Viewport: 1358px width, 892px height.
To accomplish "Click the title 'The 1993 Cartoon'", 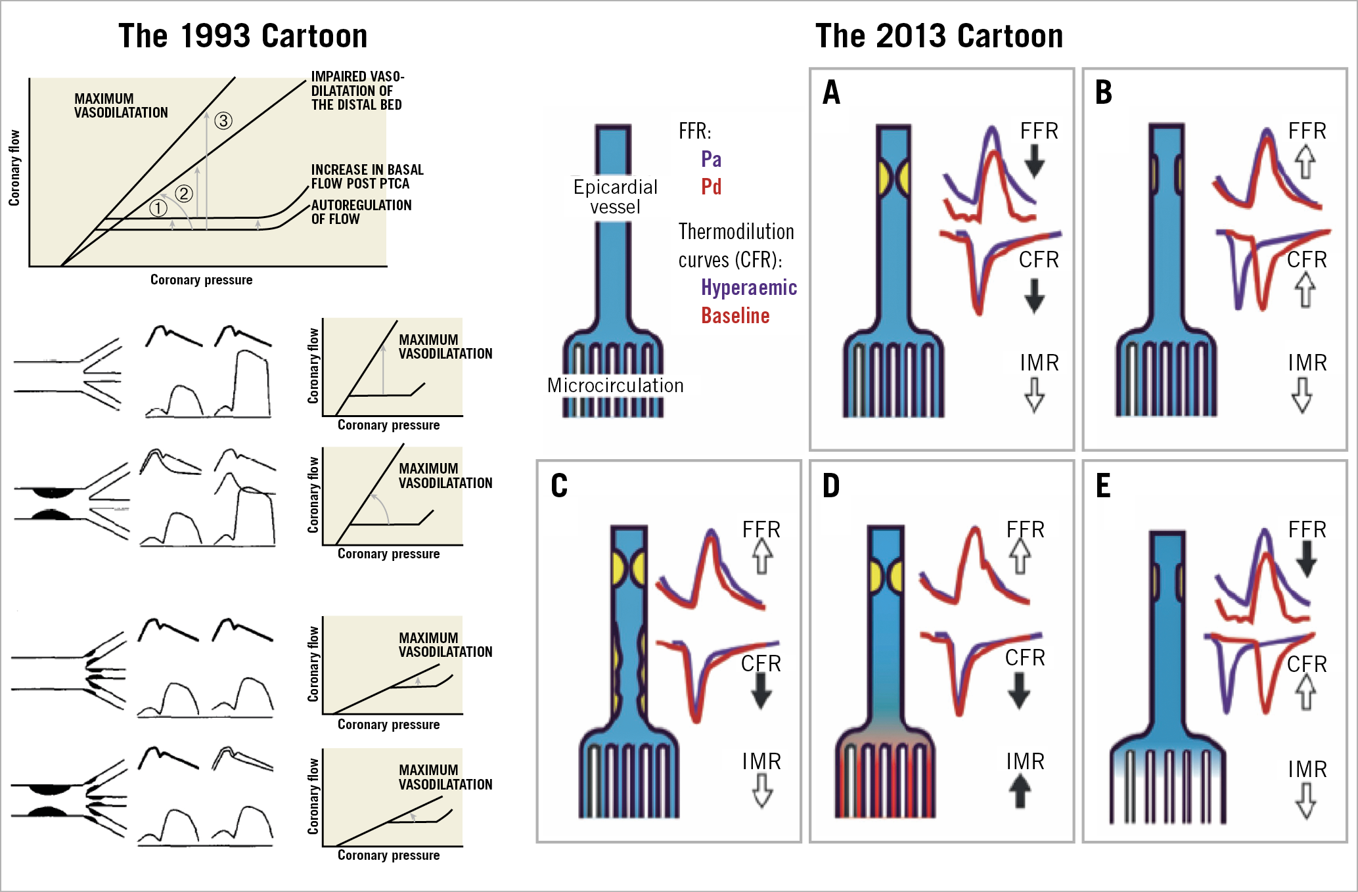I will coord(242,36).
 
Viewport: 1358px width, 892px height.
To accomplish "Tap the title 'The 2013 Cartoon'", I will coord(939,36).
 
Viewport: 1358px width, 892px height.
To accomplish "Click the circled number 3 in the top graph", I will coord(223,121).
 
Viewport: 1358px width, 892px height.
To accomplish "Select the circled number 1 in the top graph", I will coord(158,208).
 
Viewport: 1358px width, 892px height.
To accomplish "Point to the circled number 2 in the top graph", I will coord(184,194).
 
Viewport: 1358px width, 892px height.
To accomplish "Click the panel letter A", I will coord(832,93).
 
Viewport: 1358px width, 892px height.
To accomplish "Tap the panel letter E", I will coord(1104,487).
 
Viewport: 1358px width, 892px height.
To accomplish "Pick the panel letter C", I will coord(559,487).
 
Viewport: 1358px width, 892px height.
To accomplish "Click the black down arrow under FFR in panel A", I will coord(1035,162).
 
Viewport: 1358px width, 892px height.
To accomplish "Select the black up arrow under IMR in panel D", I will coord(1020,792).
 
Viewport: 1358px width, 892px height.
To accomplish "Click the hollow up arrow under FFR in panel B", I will coord(1305,162).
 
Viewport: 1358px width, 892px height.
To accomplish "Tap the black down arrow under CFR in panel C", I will coord(761,691).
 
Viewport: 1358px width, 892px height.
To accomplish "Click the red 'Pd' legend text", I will coord(711,187).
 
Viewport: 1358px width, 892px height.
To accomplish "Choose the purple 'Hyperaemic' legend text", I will coord(749,288).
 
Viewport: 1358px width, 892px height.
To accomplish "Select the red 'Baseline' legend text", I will coord(735,316).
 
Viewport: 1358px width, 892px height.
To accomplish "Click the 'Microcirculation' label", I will coord(616,386).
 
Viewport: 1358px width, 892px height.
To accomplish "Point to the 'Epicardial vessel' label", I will coord(616,197).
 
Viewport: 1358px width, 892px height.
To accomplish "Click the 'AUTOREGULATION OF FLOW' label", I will coord(361,212).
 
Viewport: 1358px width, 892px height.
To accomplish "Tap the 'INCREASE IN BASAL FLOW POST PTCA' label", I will coord(367,177).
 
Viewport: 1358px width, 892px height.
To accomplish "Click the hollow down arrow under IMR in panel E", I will coord(1305,801).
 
